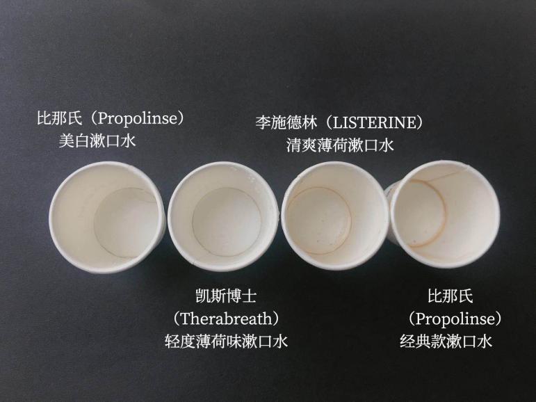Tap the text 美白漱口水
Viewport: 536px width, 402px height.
pos(97,142)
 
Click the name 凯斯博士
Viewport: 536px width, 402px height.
pos(226,296)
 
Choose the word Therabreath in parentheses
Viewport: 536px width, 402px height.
pos(226,319)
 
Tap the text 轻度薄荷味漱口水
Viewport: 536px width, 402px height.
pos(226,341)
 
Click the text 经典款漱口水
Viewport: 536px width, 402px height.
pos(446,341)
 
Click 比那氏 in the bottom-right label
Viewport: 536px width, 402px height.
pos(450,296)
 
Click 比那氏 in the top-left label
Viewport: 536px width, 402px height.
pos(60,119)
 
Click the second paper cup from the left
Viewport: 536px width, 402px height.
pos(222,218)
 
